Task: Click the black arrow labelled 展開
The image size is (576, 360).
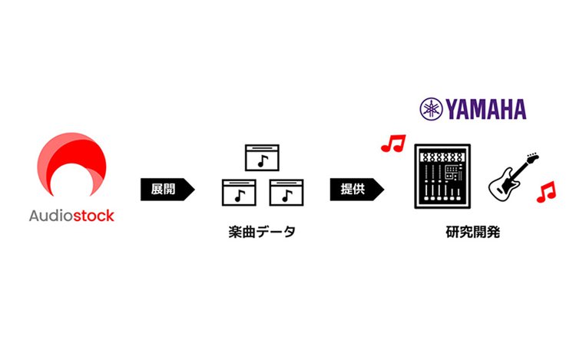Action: click(166, 190)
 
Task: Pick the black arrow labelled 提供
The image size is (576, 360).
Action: click(355, 190)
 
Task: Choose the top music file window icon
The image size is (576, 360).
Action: click(261, 157)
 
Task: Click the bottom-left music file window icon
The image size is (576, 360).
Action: click(239, 193)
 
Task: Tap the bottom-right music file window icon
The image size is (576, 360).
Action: click(286, 193)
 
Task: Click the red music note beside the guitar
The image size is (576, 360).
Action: click(546, 192)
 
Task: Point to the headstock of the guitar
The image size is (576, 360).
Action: click(531, 160)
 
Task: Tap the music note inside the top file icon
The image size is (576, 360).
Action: click(262, 161)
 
